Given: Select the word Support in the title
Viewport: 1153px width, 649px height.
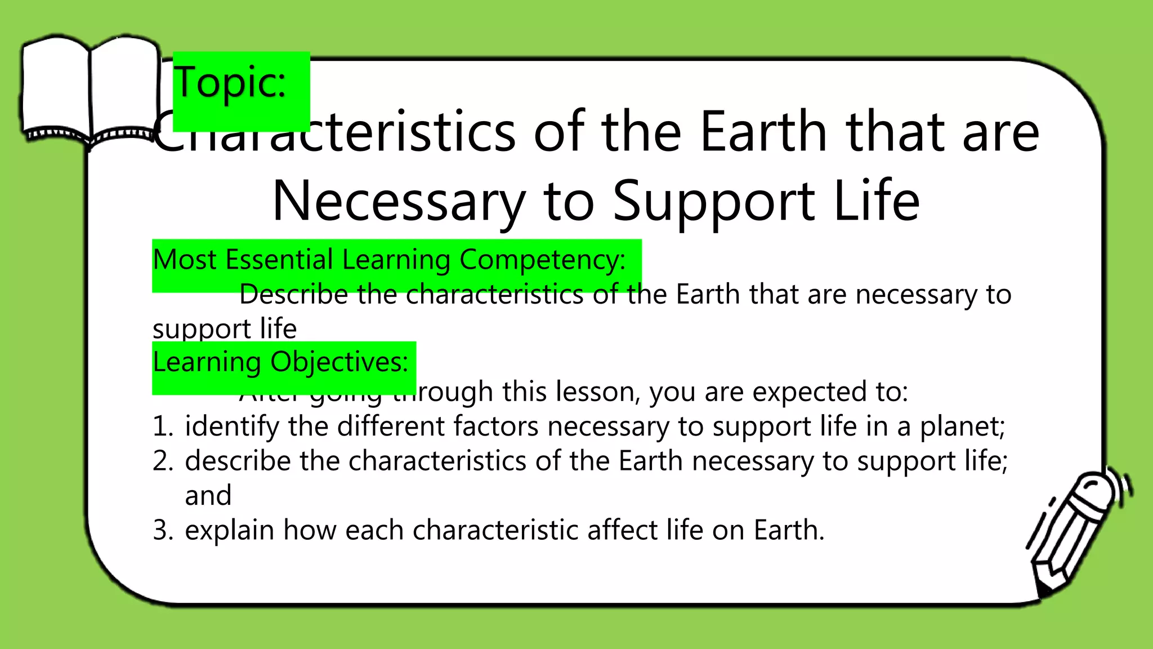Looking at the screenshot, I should point(713,201).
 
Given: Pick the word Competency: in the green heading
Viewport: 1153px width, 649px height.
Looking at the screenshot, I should point(542,260).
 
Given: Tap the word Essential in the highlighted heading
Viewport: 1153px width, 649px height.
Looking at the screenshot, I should point(279,260).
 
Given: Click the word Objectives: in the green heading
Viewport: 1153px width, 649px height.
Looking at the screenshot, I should point(339,362).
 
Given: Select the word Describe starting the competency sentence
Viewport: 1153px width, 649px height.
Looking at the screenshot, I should point(293,295).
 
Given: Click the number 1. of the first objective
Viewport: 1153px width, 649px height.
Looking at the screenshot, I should point(163,426).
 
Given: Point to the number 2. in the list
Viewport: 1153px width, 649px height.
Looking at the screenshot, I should point(163,461).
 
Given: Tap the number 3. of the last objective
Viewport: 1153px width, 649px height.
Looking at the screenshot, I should point(163,531).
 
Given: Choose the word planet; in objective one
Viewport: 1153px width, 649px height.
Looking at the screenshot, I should point(962,426).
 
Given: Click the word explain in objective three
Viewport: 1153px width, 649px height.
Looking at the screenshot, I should point(229,531).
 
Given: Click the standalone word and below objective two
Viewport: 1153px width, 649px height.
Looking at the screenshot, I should point(208,496).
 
